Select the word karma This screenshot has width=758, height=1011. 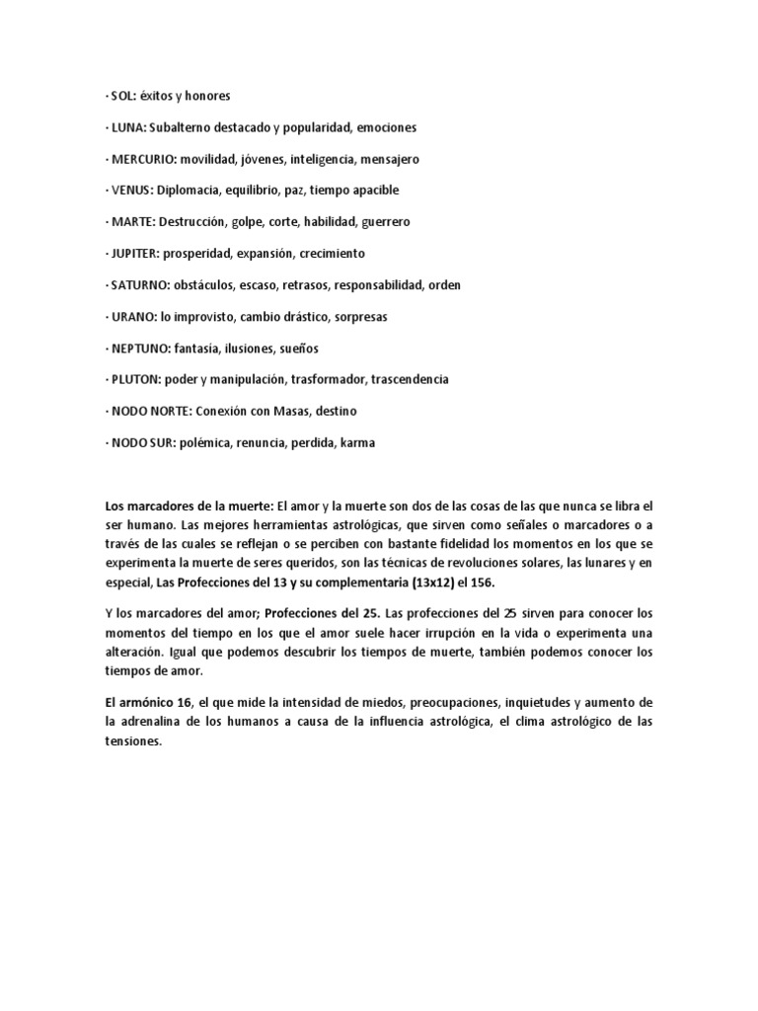(357, 443)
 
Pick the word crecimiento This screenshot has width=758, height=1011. (331, 254)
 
